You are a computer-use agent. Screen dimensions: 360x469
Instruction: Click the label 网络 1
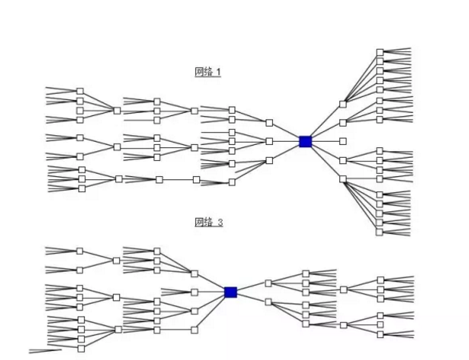[x=207, y=72]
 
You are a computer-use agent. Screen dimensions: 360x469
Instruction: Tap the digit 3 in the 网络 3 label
[x=221, y=222]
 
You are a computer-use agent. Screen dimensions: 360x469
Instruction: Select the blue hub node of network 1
[x=305, y=141]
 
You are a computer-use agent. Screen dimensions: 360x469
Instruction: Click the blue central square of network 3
[x=231, y=292]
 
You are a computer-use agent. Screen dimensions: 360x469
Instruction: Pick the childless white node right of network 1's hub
[x=342, y=141]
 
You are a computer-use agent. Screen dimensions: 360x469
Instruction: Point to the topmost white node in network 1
[x=380, y=52]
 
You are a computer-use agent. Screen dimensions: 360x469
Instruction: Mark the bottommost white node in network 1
[x=380, y=232]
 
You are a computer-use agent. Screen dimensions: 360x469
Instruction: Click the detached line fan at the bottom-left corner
[x=46, y=352]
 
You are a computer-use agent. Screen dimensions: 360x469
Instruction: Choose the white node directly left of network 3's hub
[x=194, y=292]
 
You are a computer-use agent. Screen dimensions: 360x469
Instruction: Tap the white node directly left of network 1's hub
[x=269, y=141]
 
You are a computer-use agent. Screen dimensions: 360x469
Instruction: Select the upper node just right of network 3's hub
[x=268, y=283]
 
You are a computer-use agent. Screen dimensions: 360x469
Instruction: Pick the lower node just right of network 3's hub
[x=268, y=301]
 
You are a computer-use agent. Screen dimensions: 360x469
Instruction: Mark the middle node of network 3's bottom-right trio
[x=380, y=324]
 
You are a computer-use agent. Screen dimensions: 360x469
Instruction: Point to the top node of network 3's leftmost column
[x=79, y=251]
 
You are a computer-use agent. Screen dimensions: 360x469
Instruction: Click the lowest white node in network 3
[x=82, y=349]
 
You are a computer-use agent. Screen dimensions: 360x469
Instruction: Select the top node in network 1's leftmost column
[x=79, y=91]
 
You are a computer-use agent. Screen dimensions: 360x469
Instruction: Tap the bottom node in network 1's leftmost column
[x=82, y=188]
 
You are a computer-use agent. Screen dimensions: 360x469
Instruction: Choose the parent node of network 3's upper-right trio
[x=343, y=290]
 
